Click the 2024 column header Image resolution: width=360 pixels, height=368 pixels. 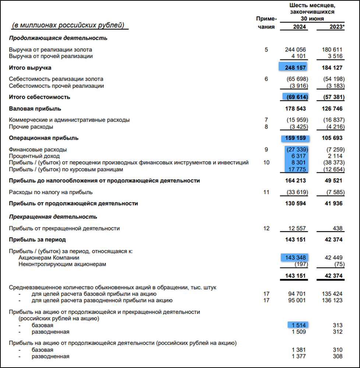click(300, 27)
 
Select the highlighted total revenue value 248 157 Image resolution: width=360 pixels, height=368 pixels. click(295, 68)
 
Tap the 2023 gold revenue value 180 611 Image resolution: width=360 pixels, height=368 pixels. click(332, 50)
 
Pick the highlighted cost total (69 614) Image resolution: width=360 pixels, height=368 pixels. click(295, 97)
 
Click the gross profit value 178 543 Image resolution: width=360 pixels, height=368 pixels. click(295, 109)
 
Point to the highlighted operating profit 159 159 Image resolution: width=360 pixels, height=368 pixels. click(295, 138)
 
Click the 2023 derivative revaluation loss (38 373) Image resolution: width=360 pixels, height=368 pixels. click(332, 162)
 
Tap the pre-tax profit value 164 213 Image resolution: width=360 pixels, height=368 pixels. click(295, 181)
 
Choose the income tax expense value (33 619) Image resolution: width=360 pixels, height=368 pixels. click(296, 192)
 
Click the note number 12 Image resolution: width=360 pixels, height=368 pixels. click(267, 228)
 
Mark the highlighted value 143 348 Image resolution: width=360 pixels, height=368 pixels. click(295, 257)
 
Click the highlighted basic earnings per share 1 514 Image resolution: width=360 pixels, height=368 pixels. click(298, 325)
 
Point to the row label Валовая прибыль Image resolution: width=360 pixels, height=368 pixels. click(35, 109)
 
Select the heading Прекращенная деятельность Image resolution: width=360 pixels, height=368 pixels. click(53, 217)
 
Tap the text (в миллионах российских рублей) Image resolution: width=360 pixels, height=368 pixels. click(68, 25)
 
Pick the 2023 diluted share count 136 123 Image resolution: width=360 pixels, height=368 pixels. click(332, 300)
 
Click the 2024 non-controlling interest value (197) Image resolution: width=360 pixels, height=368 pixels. click(301, 264)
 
